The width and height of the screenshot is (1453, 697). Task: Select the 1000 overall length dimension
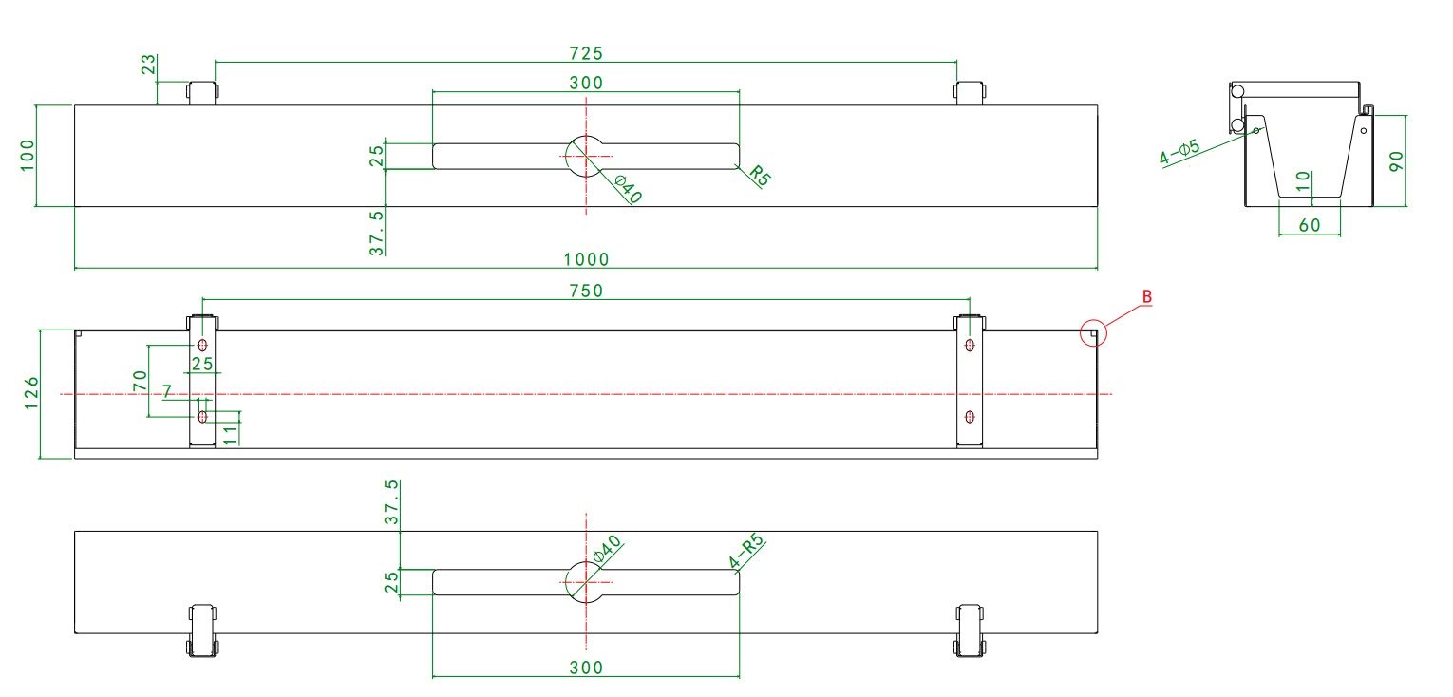(x=586, y=259)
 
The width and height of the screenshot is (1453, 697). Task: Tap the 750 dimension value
(x=586, y=291)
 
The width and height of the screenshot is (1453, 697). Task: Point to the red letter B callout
(x=1146, y=297)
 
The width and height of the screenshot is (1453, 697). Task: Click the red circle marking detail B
(x=1095, y=332)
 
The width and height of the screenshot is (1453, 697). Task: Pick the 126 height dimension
(x=31, y=393)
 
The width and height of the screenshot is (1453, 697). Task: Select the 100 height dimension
(x=27, y=155)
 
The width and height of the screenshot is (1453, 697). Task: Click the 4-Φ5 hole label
(x=1179, y=153)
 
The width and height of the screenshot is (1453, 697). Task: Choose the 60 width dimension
(x=1309, y=225)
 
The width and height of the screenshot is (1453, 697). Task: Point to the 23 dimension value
(x=147, y=65)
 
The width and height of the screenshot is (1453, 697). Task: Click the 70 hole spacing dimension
(x=140, y=381)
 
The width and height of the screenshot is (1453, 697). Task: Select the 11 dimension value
(x=230, y=432)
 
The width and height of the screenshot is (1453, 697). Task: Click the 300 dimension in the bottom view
(x=586, y=668)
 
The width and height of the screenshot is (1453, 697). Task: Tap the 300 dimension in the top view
(x=586, y=82)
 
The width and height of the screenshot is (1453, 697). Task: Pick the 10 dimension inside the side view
(x=1303, y=180)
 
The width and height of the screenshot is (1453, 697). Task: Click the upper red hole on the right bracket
(x=969, y=345)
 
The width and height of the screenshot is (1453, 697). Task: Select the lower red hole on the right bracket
(x=969, y=416)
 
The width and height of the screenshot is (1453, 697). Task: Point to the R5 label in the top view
(x=758, y=175)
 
